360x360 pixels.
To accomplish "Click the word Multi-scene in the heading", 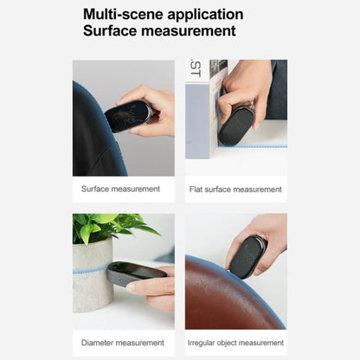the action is pyautogui.click(x=123, y=14).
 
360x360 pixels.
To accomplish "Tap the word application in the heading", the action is pyautogui.click(x=205, y=16).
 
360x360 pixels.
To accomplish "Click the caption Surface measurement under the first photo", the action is pyautogui.click(x=120, y=189).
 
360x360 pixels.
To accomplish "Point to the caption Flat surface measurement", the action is pyautogui.click(x=235, y=190).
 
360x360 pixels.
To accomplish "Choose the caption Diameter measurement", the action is pyautogui.click(x=123, y=343).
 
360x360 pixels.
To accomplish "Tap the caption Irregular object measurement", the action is pyautogui.click(x=235, y=343).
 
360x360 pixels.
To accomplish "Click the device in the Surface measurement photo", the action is pyautogui.click(x=128, y=116).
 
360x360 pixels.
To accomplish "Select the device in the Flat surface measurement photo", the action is pyautogui.click(x=236, y=125).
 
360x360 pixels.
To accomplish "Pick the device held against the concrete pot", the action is pyautogui.click(x=136, y=273).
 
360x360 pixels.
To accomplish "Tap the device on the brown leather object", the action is pyautogui.click(x=247, y=257).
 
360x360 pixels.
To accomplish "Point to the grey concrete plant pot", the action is pyautogui.click(x=93, y=276).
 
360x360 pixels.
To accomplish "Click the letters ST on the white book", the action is pyautogui.click(x=196, y=68).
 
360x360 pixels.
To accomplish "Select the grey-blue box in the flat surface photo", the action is pyautogui.click(x=197, y=121).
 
